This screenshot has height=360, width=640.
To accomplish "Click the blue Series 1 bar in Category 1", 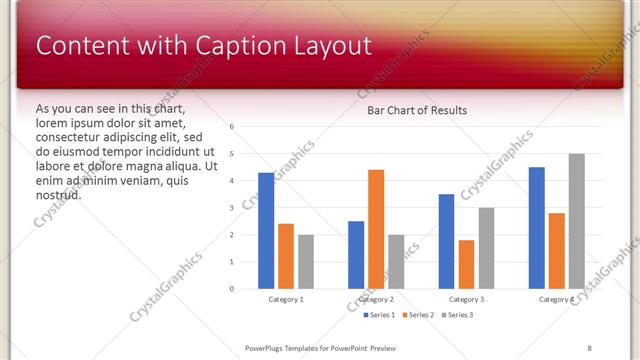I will [266, 231].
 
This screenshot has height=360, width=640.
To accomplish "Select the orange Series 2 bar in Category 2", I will [376, 229].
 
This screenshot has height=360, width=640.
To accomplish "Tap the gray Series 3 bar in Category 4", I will [576, 221].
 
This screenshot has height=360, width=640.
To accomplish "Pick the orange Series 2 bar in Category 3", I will [466, 264].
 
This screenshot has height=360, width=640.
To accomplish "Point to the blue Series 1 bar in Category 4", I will [536, 228].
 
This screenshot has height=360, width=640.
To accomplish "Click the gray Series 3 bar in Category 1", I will [306, 262].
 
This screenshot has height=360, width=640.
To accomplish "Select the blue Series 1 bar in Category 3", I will [446, 241].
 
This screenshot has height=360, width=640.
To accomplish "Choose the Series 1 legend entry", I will [377, 315].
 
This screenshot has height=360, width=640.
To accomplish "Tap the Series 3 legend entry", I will [455, 315].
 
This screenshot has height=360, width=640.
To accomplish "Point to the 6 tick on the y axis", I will [231, 127].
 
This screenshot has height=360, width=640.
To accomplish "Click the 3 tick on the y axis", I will [231, 208].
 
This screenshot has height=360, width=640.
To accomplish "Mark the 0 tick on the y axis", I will [231, 289].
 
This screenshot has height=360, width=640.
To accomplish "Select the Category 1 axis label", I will [286, 299].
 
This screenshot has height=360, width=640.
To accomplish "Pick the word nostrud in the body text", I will [58, 194].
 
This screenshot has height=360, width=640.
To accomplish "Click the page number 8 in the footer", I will [589, 347].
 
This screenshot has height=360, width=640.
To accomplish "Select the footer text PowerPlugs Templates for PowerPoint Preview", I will [320, 347].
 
